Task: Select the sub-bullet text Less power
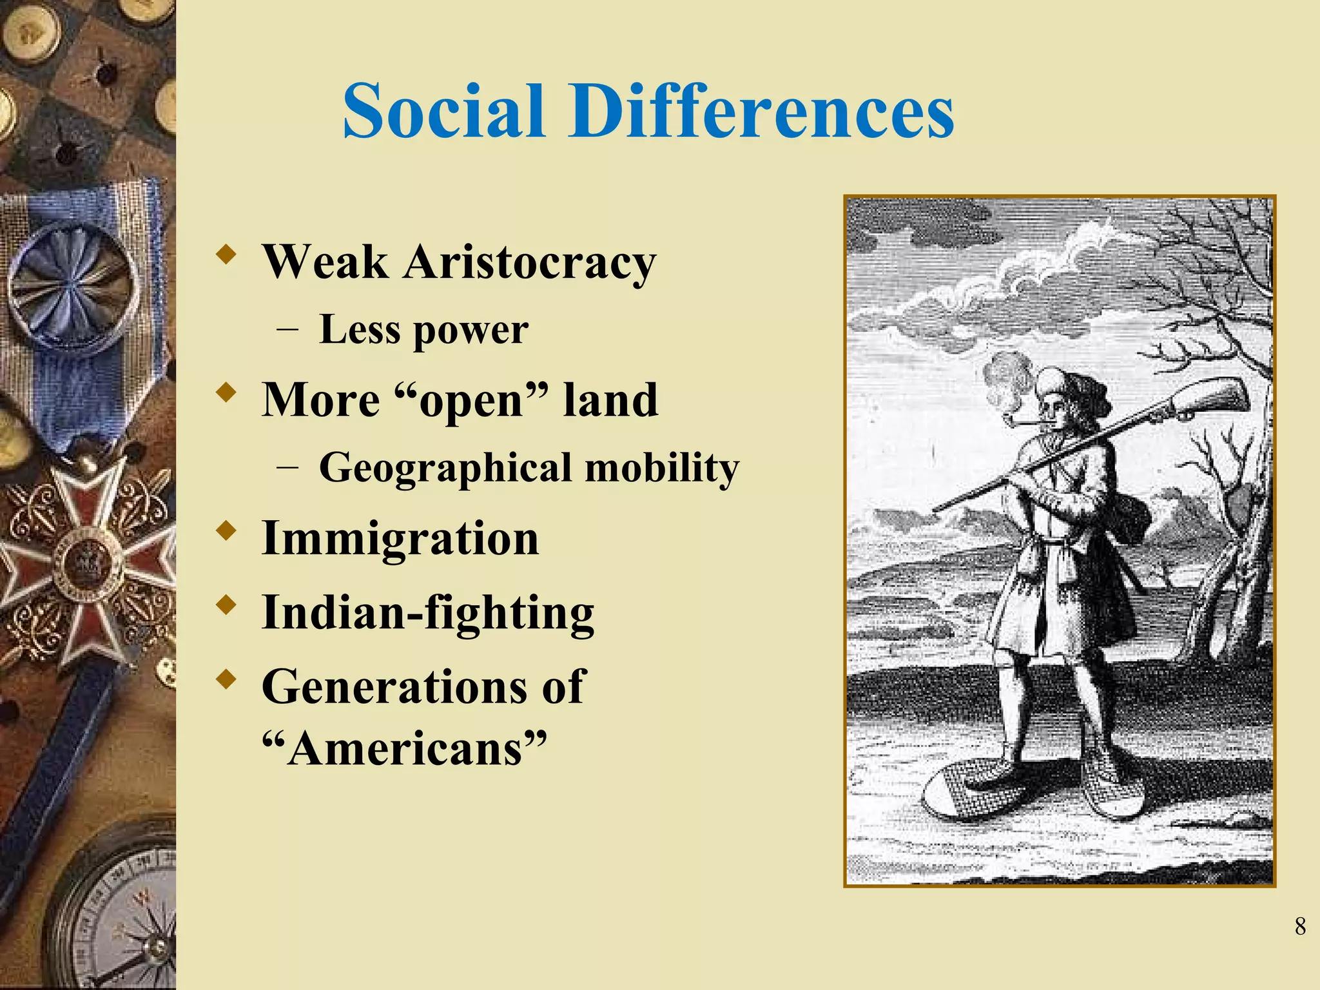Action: [423, 330]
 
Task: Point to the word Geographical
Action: [445, 468]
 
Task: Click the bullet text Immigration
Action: [400, 538]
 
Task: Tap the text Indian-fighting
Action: [427, 612]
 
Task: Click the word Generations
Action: [392, 686]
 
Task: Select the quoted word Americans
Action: [405, 749]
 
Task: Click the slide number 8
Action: [1299, 927]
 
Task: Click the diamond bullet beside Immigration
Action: [225, 532]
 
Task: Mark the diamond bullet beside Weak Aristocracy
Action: [225, 255]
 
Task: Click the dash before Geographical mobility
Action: [287, 469]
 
